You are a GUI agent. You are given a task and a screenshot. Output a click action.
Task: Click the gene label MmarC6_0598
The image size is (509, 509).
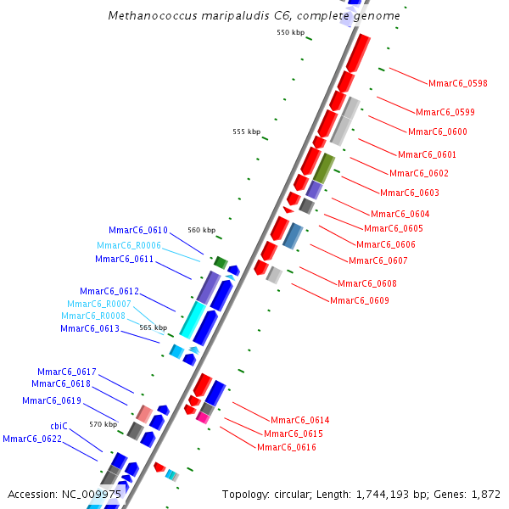point(458,83)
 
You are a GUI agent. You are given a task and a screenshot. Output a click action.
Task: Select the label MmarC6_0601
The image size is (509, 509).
point(427,154)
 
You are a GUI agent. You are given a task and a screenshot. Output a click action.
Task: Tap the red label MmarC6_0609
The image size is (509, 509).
point(360,300)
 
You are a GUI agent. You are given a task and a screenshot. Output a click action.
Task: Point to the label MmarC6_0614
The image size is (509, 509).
point(299,420)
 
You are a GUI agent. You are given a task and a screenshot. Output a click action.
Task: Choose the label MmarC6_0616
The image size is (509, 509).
point(286,447)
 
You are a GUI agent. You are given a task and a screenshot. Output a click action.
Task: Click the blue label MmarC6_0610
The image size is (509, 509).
point(138,230)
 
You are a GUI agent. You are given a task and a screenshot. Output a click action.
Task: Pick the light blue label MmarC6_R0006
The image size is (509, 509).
point(129,245)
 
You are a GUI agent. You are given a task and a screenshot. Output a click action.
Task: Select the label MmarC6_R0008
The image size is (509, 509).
point(93,316)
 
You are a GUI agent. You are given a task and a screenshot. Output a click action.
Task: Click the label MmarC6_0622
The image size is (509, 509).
point(32,439)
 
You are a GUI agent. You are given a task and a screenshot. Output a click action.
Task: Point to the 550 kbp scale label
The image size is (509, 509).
point(290,32)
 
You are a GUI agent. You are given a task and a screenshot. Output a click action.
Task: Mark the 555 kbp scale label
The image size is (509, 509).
point(246,131)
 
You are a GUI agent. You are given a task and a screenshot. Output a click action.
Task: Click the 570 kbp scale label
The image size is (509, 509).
point(103,424)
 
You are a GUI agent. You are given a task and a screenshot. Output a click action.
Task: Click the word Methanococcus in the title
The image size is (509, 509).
point(149,16)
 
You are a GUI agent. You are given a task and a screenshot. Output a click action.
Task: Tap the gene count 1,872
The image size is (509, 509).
point(485,494)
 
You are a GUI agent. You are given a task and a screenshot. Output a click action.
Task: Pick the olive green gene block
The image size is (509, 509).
point(324,168)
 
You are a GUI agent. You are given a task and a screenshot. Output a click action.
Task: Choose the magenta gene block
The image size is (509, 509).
point(203,417)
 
